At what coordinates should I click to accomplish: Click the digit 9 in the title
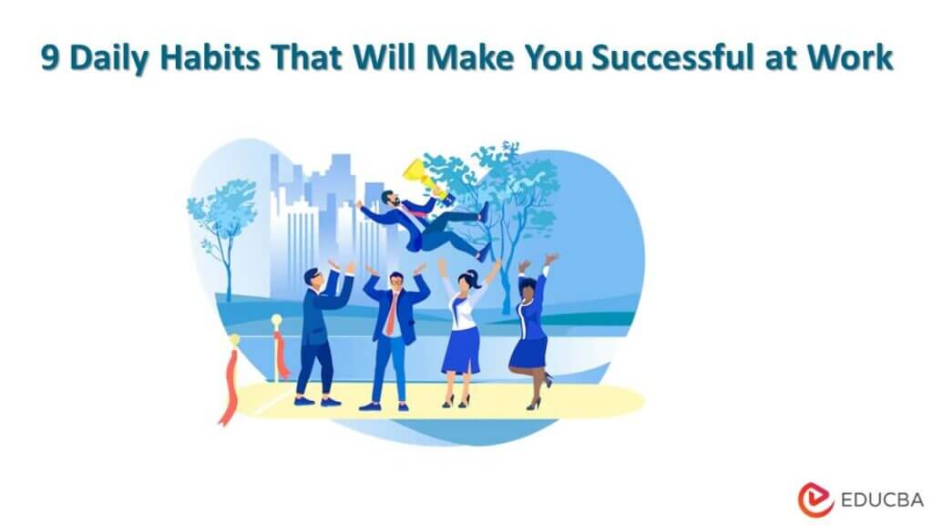[51, 58]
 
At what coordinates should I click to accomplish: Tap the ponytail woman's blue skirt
[461, 351]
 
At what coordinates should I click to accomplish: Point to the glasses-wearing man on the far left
[318, 328]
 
